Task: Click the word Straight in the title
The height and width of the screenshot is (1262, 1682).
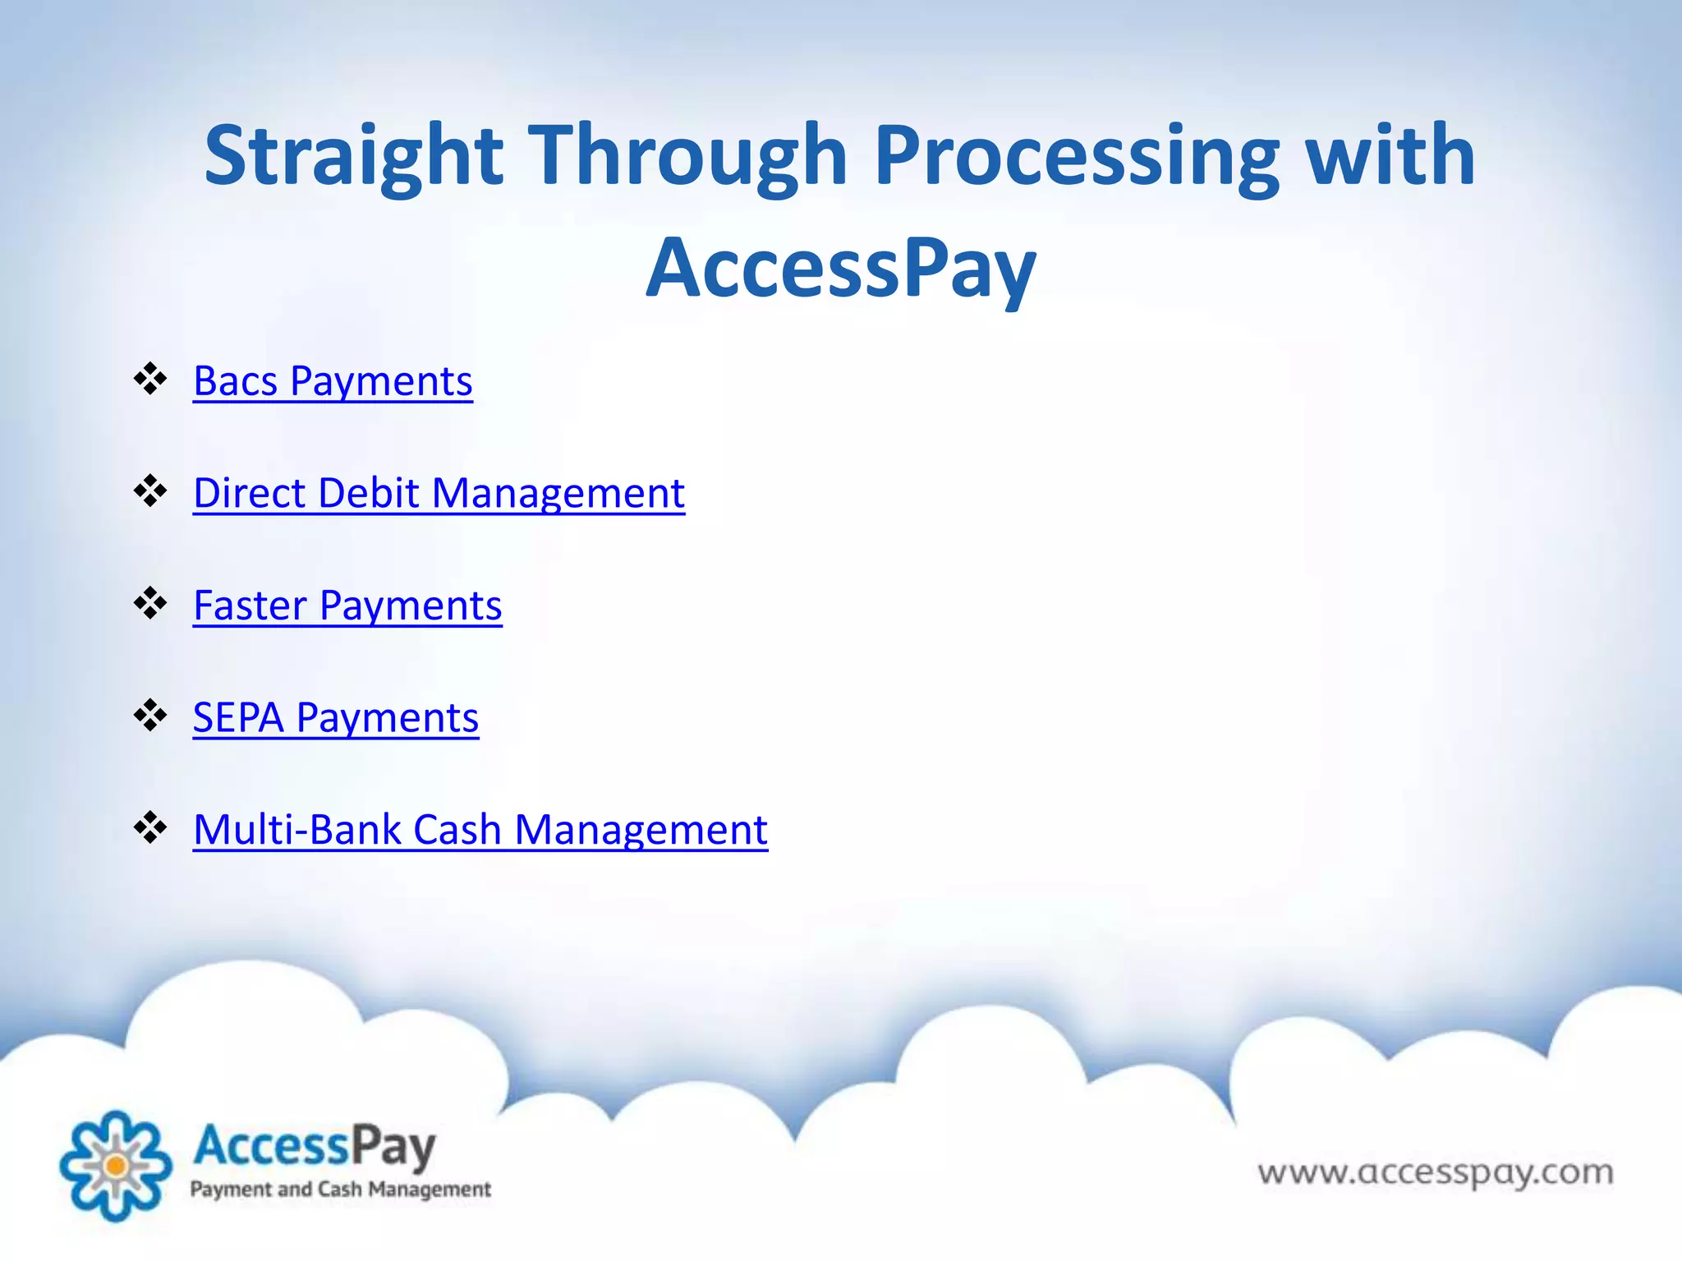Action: point(353,156)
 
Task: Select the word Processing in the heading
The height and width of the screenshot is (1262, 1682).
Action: point(1077,156)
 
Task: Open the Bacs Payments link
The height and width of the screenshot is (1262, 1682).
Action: point(333,381)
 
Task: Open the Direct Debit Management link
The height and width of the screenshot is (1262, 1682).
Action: point(439,493)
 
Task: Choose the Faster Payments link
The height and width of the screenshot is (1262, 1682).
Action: point(347,606)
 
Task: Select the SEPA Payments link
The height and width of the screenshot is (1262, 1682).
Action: point(335,717)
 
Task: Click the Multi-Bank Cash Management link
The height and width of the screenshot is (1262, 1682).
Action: point(480,829)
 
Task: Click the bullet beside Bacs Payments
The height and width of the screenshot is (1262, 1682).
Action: point(150,379)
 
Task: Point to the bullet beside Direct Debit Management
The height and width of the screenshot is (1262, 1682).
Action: point(150,491)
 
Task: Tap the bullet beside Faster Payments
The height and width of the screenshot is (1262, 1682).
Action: point(150,603)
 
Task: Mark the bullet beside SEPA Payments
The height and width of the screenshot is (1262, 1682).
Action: point(150,715)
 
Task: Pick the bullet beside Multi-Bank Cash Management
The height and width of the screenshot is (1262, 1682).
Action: point(150,827)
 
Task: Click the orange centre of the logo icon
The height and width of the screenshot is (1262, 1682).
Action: point(116,1165)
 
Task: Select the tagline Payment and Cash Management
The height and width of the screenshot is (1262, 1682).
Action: point(340,1190)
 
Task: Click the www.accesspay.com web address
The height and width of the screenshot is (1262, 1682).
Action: point(1435,1172)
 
